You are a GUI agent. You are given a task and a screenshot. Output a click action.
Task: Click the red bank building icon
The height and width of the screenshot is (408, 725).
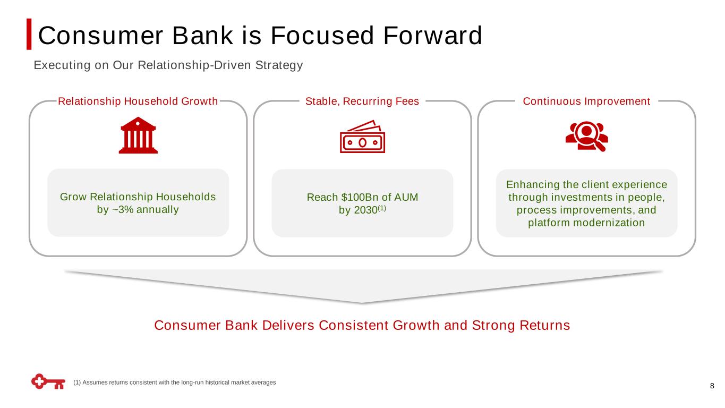[x=138, y=135]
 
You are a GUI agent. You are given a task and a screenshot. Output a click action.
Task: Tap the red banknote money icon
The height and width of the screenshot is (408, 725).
[x=362, y=137]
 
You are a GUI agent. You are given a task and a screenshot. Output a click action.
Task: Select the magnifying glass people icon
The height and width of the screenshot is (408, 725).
[x=586, y=137]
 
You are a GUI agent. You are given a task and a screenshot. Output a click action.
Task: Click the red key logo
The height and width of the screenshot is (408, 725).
[x=48, y=381]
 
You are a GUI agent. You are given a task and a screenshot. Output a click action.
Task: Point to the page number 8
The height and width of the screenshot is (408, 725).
[x=712, y=386]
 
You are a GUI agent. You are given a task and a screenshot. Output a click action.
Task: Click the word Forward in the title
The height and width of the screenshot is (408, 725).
[x=433, y=35]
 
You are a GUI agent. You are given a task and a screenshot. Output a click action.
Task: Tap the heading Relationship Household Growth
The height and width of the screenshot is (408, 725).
[x=138, y=101]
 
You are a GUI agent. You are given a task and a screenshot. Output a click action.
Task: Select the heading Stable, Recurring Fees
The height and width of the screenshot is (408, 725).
[x=362, y=101]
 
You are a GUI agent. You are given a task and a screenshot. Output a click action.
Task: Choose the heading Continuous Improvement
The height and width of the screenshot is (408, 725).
[x=586, y=101]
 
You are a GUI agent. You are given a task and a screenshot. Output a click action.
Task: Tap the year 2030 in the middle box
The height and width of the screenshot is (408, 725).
[x=365, y=210]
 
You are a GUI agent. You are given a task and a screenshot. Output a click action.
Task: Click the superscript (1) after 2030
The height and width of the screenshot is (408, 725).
[x=382, y=208]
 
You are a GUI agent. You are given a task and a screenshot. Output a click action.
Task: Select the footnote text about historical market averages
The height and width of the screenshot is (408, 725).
[x=174, y=382]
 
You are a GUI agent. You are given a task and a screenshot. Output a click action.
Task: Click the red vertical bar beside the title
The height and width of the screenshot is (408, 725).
[x=29, y=34]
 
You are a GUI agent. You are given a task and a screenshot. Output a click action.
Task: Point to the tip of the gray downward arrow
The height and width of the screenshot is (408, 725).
[x=362, y=303]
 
